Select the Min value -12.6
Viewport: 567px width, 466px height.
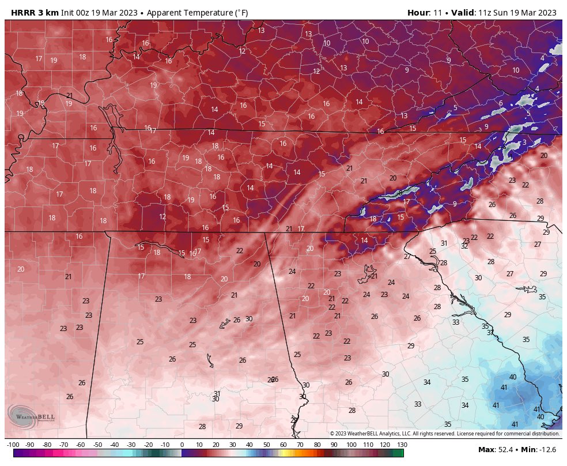click(x=550, y=449)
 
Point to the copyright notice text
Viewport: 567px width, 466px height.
click(x=444, y=434)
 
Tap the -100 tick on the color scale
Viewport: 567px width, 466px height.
click(x=13, y=445)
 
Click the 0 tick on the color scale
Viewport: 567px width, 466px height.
click(x=182, y=445)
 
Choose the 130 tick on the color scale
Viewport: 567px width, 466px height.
click(x=402, y=445)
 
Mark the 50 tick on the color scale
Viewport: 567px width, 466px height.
click(x=267, y=445)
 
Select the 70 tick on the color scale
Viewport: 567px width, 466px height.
click(x=300, y=445)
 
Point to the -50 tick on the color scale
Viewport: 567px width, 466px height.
click(x=97, y=445)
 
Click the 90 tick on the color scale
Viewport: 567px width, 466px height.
click(x=334, y=445)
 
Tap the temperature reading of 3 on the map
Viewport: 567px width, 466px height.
click(x=524, y=142)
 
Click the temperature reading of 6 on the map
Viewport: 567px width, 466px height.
click(x=501, y=103)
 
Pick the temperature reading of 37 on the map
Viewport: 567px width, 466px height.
click(x=490, y=333)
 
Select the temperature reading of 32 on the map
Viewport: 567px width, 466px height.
click(x=464, y=246)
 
